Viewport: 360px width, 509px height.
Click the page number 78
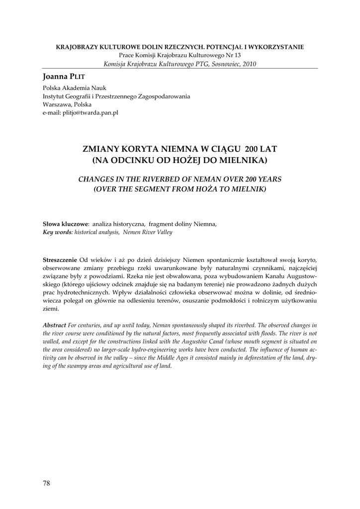tap(47, 483)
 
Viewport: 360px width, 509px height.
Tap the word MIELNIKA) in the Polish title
tap(245, 160)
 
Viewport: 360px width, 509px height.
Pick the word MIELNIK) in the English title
tap(249, 189)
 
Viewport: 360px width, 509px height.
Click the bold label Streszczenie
tap(60, 260)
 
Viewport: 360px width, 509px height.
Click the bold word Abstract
tap(55, 324)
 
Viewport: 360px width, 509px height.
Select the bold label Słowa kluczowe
tap(65, 224)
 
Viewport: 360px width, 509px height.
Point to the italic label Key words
tap(58, 232)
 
